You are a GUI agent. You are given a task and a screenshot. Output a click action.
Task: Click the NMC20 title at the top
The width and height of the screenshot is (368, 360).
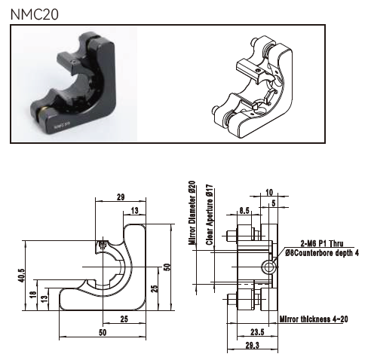tap(35, 14)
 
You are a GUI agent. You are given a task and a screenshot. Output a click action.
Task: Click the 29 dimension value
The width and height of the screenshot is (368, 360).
tap(121, 197)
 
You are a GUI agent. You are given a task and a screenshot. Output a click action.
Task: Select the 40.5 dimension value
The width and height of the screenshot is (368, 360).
tap(22, 276)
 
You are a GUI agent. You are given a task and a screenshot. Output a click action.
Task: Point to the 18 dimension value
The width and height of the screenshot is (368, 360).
tap(33, 294)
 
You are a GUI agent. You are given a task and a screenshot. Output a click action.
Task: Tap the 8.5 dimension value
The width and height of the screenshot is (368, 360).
tap(244, 210)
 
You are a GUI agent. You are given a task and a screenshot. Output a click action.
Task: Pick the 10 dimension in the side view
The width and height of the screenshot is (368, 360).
tap(269, 192)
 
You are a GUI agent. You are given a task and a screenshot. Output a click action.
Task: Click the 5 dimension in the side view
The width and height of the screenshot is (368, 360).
tap(274, 203)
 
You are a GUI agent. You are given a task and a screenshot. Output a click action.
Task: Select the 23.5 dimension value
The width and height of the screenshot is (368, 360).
tap(257, 332)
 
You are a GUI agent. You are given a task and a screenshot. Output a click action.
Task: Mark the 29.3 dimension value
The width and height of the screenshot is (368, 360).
tap(252, 346)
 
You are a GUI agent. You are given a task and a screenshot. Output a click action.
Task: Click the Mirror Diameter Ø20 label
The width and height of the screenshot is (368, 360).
tap(192, 213)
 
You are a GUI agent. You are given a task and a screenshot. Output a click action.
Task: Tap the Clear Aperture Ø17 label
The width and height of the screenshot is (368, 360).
tap(210, 215)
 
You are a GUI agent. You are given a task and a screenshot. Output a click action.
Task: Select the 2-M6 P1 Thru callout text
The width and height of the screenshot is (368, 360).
tap(322, 243)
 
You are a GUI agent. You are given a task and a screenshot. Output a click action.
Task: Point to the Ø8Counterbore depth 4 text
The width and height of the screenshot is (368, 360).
tap(322, 253)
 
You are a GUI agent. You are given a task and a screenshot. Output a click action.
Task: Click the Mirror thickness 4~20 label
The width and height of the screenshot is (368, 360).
tap(314, 319)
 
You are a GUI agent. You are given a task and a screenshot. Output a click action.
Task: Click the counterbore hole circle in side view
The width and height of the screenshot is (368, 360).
tap(268, 267)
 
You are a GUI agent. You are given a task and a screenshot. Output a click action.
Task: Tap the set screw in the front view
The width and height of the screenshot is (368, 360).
tap(102, 245)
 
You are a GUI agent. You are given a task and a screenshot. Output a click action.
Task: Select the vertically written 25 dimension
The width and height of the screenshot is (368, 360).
tap(155, 288)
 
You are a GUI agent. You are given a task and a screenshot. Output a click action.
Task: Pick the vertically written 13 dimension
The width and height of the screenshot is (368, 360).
tap(44, 299)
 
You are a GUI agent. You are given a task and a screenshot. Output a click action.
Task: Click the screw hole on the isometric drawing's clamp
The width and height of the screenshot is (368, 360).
tap(257, 71)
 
